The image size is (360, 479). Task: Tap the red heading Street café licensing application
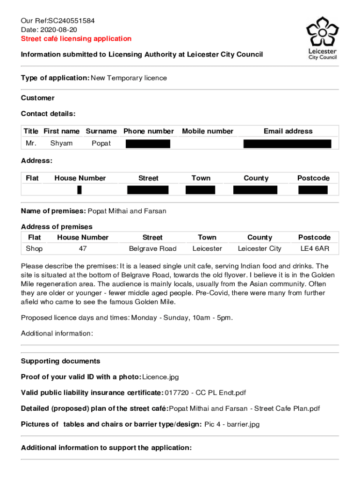[76, 39]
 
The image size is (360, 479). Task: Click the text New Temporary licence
[129, 78]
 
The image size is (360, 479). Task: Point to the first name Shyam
[61, 143]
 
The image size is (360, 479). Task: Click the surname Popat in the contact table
[101, 143]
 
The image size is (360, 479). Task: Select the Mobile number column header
[207, 131]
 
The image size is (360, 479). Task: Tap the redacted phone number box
[148, 143]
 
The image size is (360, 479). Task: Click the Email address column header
[288, 131]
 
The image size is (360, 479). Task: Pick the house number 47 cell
[83, 249]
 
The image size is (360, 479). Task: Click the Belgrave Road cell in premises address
[152, 249]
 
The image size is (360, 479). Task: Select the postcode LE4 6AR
[314, 249]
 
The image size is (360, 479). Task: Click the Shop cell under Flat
[34, 249]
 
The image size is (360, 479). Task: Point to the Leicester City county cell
[259, 249]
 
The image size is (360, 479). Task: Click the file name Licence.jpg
[160, 377]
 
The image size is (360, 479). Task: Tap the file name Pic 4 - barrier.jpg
[232, 424]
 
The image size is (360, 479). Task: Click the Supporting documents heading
[60, 361]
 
